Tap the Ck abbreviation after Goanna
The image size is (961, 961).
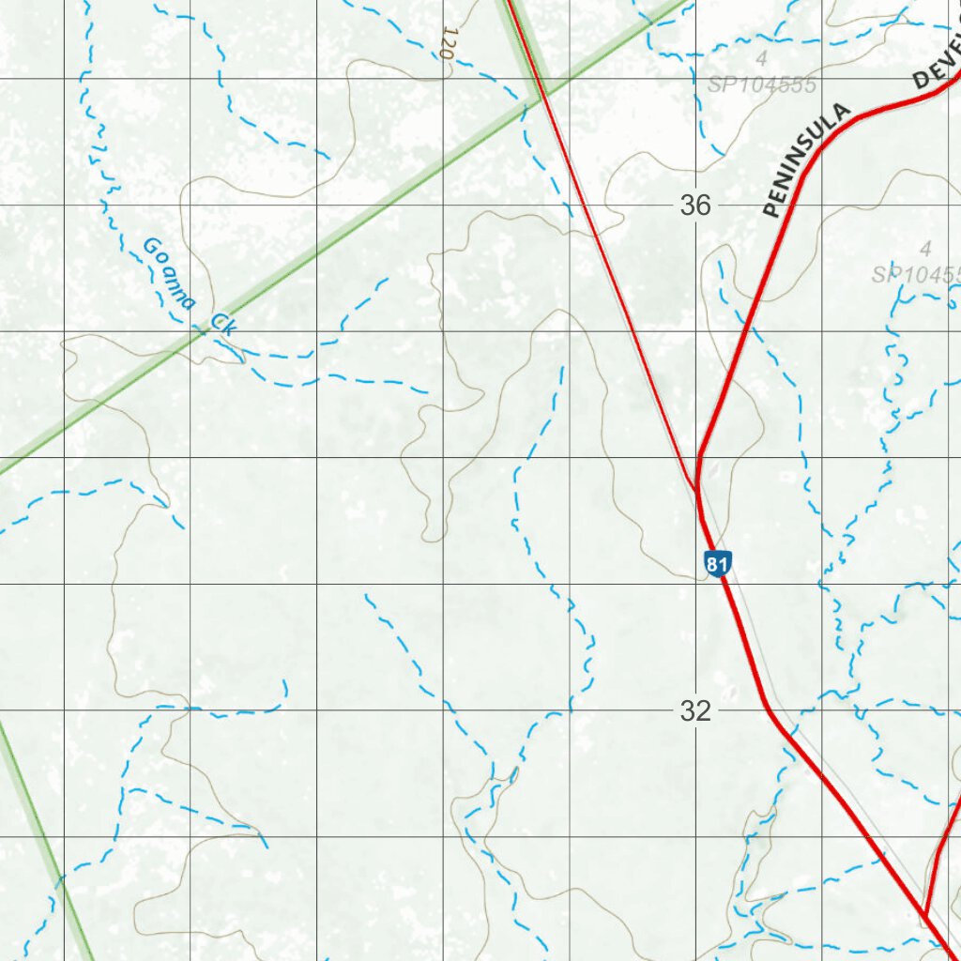(223, 324)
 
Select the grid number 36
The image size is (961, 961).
(695, 206)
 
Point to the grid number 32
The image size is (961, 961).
(695, 711)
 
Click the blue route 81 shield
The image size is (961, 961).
(716, 564)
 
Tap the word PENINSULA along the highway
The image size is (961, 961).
(807, 160)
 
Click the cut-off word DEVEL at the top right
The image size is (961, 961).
(938, 66)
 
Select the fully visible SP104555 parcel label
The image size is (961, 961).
(763, 85)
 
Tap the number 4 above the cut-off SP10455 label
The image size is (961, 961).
(925, 249)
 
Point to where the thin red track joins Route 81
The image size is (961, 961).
(695, 485)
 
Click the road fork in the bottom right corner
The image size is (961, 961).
(925, 915)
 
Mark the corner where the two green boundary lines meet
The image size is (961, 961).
(542, 95)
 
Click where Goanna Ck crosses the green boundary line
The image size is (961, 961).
(205, 331)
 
